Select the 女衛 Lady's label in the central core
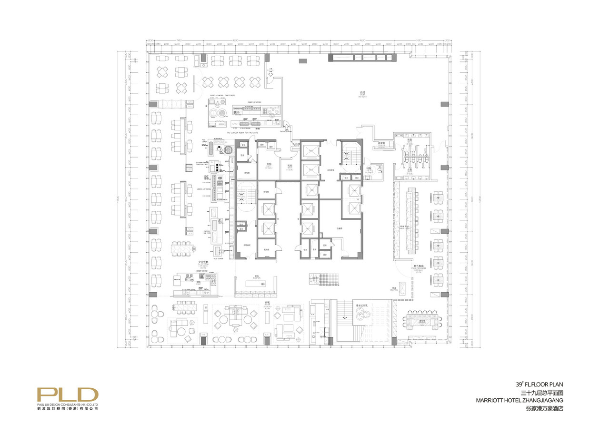pyautogui.click(x=269, y=164)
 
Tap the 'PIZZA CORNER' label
pyautogui.click(x=205, y=142)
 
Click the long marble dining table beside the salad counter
pyautogui.click(x=181, y=248)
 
